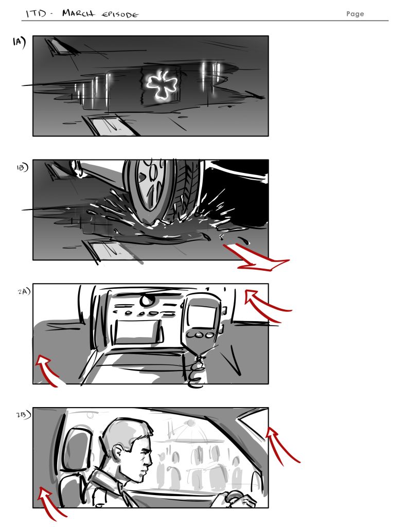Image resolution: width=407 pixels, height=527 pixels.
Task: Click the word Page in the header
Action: point(355,14)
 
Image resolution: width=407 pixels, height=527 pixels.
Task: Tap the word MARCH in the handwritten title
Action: point(79,13)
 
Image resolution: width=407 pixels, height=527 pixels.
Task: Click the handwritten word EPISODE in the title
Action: point(120,14)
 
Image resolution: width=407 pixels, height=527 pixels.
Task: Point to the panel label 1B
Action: point(22,167)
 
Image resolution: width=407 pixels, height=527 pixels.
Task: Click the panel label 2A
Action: point(24,291)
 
